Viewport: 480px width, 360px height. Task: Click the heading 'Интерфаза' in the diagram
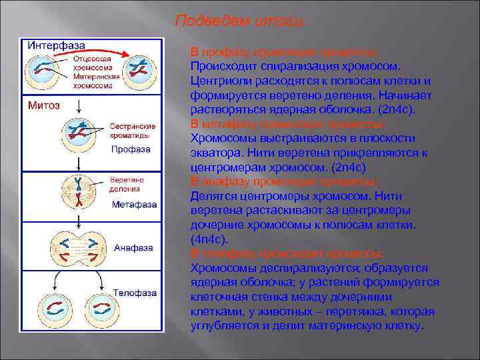[x=56, y=45]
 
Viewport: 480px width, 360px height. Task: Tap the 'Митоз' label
[x=44, y=105]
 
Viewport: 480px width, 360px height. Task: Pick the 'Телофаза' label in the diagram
[x=135, y=292]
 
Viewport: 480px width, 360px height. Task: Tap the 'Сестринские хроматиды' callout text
[x=133, y=130]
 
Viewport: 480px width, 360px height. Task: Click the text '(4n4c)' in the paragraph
[x=209, y=238]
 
